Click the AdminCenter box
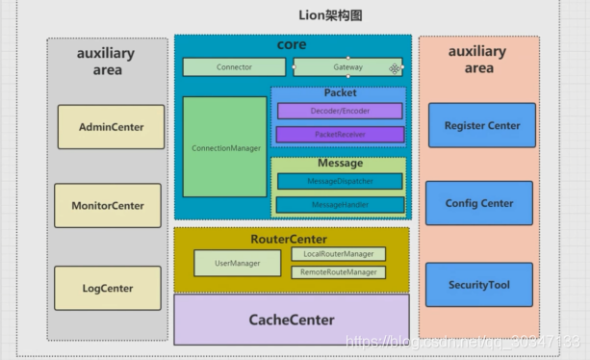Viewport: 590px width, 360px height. click(110, 127)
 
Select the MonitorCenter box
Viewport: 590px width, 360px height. click(108, 205)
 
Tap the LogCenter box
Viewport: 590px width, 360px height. click(108, 288)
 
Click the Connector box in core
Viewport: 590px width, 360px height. click(234, 67)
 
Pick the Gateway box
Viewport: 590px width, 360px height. click(347, 67)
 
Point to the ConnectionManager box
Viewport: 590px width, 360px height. click(224, 148)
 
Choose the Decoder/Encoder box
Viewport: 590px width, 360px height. click(339, 111)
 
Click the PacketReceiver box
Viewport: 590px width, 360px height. click(339, 135)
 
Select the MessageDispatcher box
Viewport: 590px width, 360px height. click(339, 181)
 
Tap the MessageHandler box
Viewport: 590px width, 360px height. click(339, 205)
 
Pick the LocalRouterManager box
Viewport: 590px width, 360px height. click(338, 254)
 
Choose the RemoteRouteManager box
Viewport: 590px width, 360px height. click(338, 272)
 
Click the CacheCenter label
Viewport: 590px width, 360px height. click(292, 320)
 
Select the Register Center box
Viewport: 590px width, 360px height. click(481, 126)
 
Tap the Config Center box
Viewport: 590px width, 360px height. click(479, 204)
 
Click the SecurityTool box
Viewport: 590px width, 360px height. click(479, 285)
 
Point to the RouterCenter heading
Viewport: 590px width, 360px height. click(289, 238)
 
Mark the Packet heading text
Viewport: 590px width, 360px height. click(340, 93)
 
